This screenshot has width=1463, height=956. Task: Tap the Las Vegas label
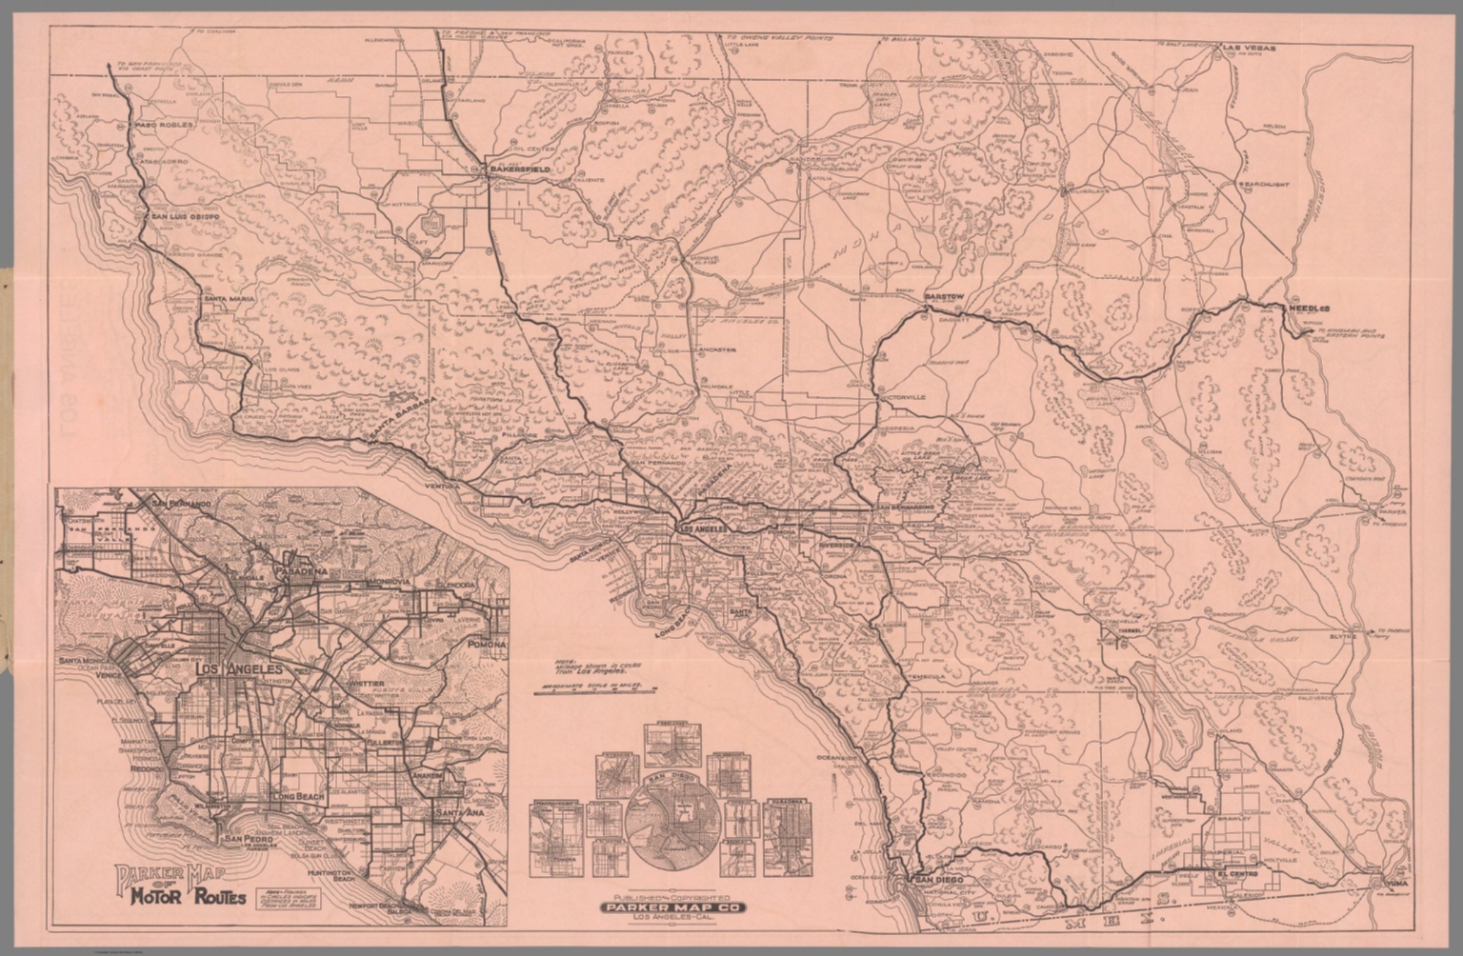[x=1249, y=47]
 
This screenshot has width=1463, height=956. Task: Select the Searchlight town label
[x=1267, y=183]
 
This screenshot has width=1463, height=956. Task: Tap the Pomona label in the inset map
[x=486, y=645]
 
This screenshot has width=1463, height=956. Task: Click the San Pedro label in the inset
[x=246, y=839]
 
